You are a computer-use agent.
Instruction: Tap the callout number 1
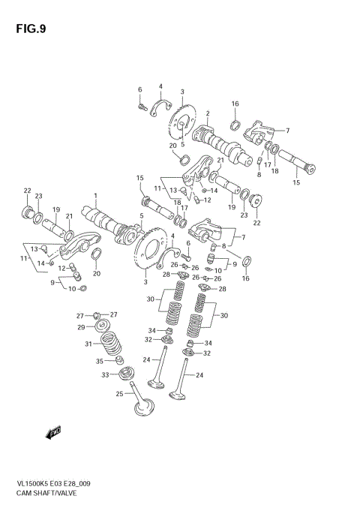96,197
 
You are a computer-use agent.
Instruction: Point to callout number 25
118,394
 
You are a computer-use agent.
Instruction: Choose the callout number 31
88,344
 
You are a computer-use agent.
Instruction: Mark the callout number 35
100,361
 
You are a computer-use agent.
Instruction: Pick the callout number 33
106,375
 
